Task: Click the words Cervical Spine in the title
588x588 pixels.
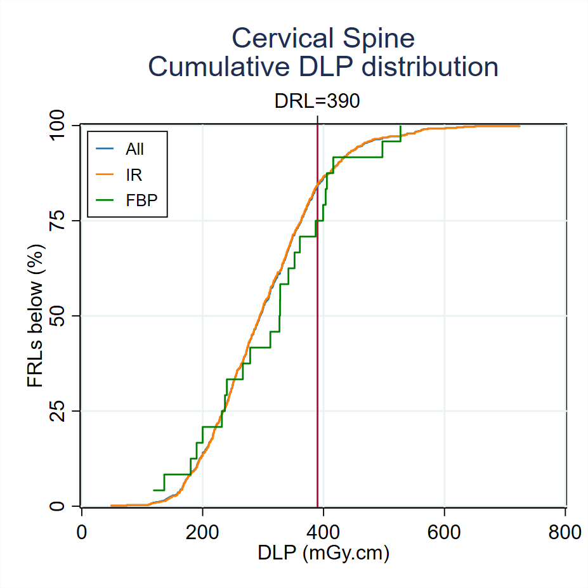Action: click(x=323, y=38)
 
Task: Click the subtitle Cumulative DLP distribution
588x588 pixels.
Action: click(x=323, y=67)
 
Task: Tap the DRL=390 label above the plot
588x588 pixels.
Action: click(x=317, y=101)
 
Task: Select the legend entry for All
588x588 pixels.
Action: click(x=134, y=149)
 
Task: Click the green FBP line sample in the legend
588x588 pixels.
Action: click(x=105, y=199)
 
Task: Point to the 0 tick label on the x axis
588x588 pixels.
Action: click(x=81, y=532)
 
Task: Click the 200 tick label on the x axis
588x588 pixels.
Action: click(x=202, y=532)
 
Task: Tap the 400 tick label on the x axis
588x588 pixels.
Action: click(x=323, y=532)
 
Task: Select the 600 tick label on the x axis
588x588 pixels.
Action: click(x=444, y=532)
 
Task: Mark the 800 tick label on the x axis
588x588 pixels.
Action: click(x=565, y=532)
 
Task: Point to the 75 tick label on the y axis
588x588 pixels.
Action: click(x=67, y=221)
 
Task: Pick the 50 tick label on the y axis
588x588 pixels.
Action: click(x=67, y=316)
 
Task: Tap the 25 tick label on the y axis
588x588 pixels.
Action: click(x=67, y=411)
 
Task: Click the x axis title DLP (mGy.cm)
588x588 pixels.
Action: click(x=323, y=553)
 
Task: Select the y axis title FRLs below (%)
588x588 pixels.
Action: click(x=36, y=315)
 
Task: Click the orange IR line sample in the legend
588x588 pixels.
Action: click(x=105, y=174)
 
